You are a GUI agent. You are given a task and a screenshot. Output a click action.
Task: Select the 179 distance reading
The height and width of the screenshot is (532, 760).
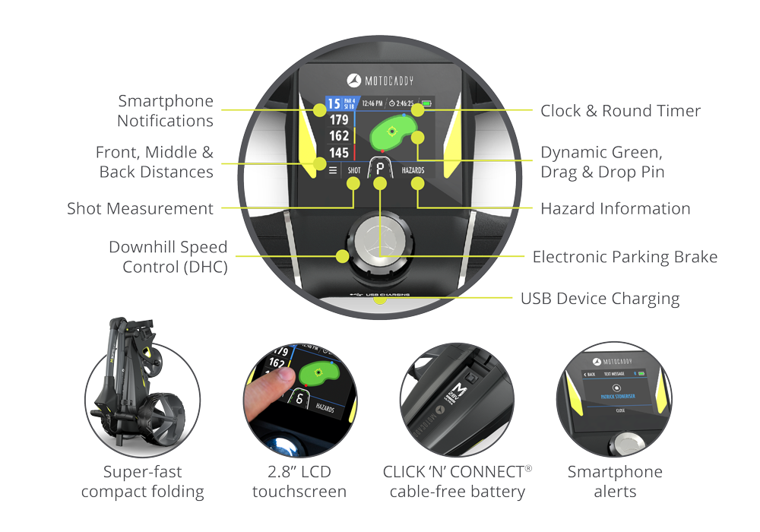(x=339, y=120)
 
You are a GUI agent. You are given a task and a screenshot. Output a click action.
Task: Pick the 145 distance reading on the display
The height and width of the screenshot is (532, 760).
(x=339, y=154)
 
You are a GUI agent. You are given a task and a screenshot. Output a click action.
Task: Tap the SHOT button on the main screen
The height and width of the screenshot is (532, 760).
(x=354, y=170)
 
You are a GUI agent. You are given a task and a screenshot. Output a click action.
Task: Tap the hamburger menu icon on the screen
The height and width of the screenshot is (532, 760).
(x=333, y=170)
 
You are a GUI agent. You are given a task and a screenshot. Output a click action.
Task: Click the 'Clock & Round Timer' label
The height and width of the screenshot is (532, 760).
(x=620, y=111)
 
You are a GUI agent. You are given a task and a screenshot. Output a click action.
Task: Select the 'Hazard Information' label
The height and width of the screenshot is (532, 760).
(x=615, y=208)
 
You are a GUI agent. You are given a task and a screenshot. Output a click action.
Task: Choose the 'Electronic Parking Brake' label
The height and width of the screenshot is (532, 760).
(x=625, y=257)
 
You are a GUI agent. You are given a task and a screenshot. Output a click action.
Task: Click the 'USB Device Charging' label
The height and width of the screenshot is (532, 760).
(x=600, y=298)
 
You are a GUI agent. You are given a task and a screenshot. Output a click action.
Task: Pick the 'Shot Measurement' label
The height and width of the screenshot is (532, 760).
(x=140, y=208)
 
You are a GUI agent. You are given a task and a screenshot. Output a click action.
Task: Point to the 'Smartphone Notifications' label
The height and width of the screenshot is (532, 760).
(x=165, y=111)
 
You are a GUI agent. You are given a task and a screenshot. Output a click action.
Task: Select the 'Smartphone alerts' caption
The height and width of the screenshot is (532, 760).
(x=615, y=482)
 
